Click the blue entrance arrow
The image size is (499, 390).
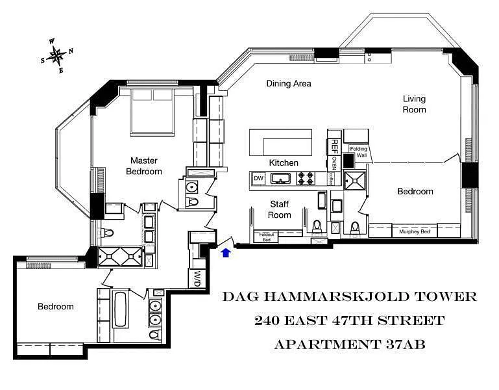(x=226, y=253)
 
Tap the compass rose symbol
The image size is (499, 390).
(x=56, y=56)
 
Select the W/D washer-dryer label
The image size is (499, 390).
(x=198, y=278)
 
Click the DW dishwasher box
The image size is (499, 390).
(x=258, y=178)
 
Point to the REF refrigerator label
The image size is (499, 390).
(x=334, y=146)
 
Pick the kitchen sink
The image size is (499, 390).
(x=280, y=178)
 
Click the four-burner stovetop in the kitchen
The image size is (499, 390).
(x=306, y=179)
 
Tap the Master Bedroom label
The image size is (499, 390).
(x=144, y=166)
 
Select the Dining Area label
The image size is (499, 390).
(x=289, y=84)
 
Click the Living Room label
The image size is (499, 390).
(x=415, y=104)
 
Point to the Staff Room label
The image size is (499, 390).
(x=280, y=209)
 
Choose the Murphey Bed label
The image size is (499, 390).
(x=415, y=231)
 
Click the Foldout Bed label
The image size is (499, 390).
(x=266, y=237)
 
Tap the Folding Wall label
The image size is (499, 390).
(x=359, y=152)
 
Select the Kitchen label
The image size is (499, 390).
(x=284, y=163)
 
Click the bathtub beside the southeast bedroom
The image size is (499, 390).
(x=120, y=309)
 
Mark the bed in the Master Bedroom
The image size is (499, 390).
(x=152, y=111)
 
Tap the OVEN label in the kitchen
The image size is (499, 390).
(x=334, y=162)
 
